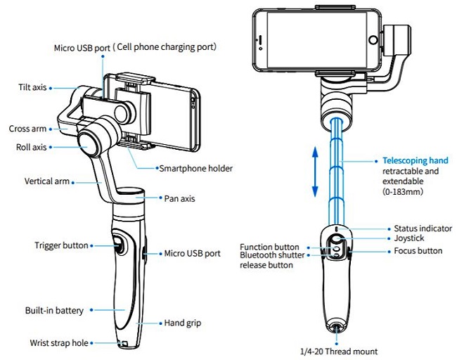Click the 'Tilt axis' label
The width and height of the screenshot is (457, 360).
tap(33, 87)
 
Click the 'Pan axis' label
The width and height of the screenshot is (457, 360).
tap(179, 198)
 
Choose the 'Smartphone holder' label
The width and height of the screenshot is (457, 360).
tap(195, 168)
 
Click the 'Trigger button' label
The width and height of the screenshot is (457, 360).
tap(61, 245)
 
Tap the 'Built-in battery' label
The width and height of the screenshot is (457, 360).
tap(54, 310)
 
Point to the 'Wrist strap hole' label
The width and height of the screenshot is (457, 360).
tap(59, 343)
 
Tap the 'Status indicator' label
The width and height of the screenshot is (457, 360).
tap(422, 229)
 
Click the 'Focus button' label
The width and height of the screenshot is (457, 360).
tap(418, 250)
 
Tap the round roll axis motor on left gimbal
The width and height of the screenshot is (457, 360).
tap(93, 137)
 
